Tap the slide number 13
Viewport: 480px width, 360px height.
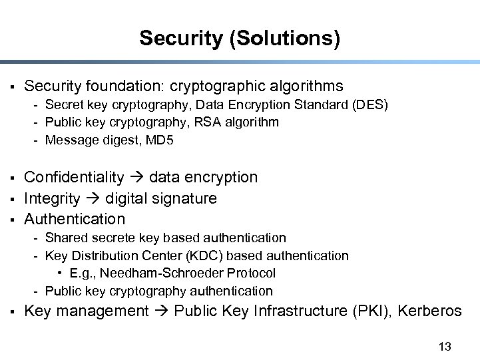[x=445, y=346]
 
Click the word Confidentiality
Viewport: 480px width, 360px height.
[x=74, y=177]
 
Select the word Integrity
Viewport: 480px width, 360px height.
[x=52, y=198]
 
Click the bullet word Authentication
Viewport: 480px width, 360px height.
[x=75, y=219]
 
